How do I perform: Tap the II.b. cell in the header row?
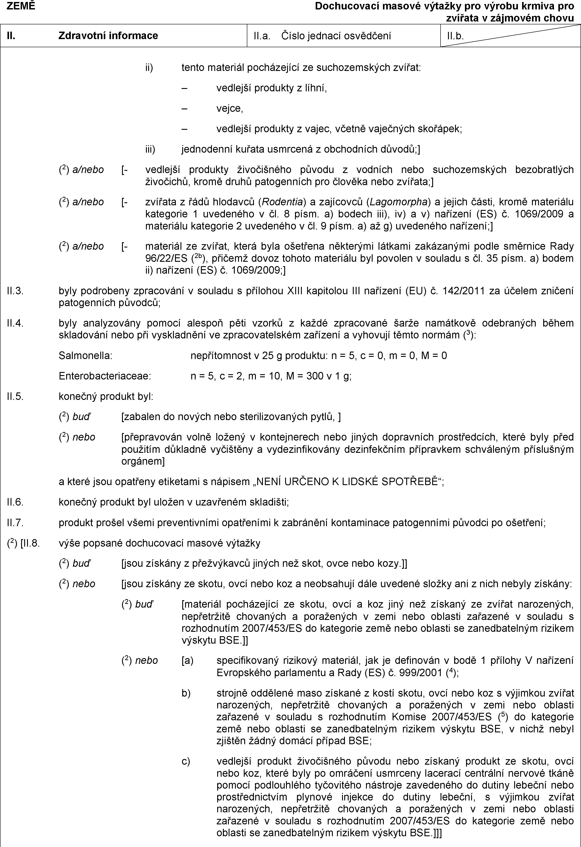(455, 36)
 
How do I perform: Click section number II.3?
(15, 291)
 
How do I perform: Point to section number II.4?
(15, 323)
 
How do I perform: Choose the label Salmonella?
(85, 355)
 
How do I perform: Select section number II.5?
(15, 396)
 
